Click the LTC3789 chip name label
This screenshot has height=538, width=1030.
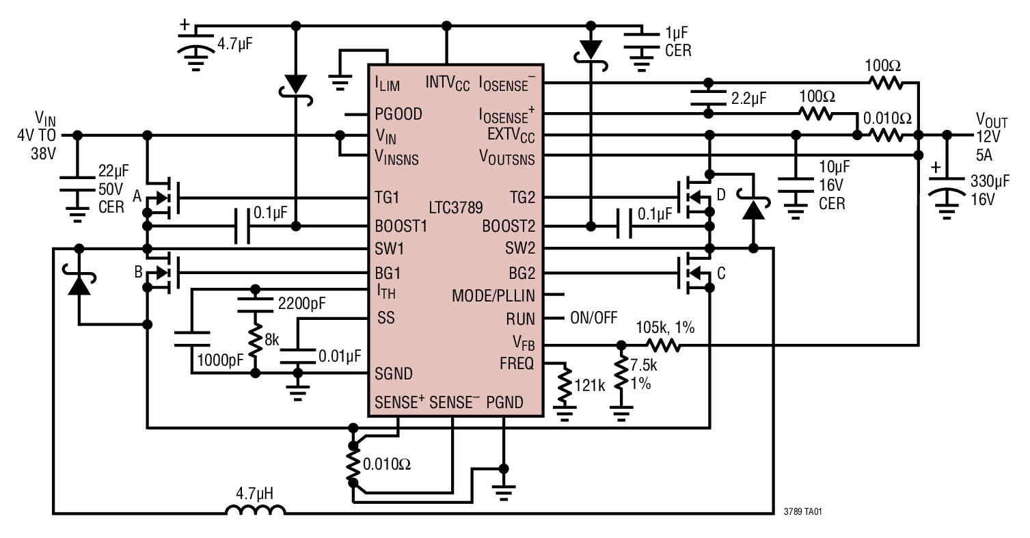point(457,206)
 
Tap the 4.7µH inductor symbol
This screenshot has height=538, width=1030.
point(256,511)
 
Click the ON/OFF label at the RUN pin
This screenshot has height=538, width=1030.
point(593,319)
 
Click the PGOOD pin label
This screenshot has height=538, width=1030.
point(398,114)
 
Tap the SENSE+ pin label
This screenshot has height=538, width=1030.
point(398,403)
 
